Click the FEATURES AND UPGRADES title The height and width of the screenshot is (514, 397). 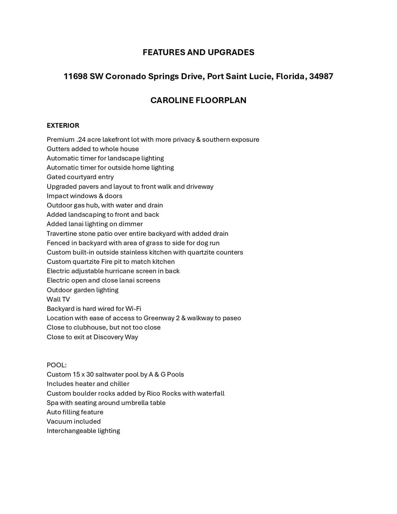(198, 52)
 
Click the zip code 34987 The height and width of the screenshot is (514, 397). (321, 76)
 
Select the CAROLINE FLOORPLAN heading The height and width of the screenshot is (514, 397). (198, 100)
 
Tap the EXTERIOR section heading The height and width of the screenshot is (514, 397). (63, 125)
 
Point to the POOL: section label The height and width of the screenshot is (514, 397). (57, 365)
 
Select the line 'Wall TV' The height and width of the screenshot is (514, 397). (58, 299)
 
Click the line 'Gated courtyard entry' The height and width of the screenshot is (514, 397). (80, 177)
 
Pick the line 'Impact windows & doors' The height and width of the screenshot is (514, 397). (84, 196)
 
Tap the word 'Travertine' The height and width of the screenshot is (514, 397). (62, 234)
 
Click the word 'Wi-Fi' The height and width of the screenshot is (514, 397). (133, 309)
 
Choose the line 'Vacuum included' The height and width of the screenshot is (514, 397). (74, 421)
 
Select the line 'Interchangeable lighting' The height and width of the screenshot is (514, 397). (83, 431)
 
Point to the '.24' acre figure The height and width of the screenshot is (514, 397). (81, 140)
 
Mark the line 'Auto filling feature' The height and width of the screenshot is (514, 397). (75, 412)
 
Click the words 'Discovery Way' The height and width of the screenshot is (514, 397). (115, 337)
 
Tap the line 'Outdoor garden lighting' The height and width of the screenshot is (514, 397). (82, 290)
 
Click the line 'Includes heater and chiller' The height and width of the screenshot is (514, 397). (88, 384)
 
